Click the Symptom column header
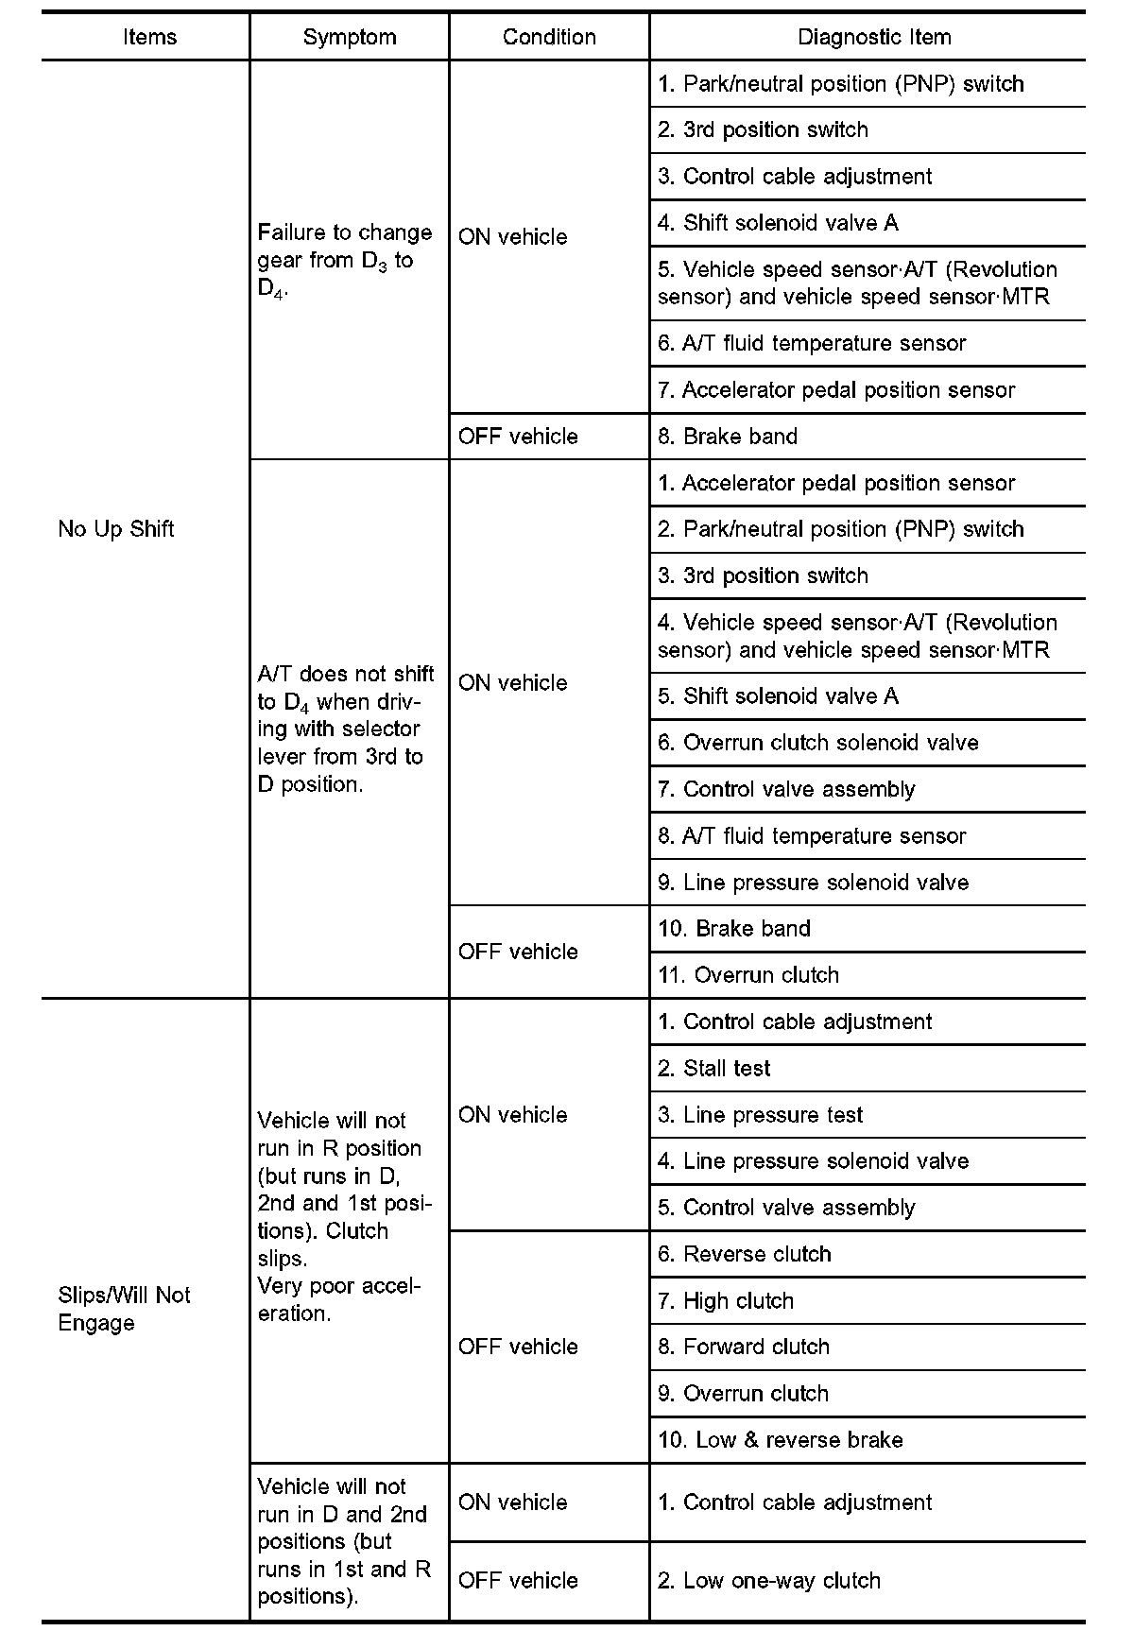(349, 37)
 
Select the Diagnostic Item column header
(874, 37)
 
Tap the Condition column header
(549, 37)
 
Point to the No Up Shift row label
(116, 528)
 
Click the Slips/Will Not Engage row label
(124, 1309)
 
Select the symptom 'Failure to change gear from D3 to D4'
(345, 260)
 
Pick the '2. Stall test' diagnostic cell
(714, 1068)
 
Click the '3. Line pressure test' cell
(761, 1114)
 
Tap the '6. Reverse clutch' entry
(745, 1254)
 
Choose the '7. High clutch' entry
(726, 1300)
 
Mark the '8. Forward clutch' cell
(744, 1347)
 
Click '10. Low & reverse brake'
(781, 1439)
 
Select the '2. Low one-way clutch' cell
(769, 1580)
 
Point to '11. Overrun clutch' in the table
(748, 974)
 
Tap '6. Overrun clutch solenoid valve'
(818, 743)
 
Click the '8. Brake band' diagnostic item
(728, 436)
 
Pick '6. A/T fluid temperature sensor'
(812, 343)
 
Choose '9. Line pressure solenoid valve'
(814, 882)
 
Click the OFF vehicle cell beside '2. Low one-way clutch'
(518, 1580)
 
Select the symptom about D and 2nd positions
(344, 1541)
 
